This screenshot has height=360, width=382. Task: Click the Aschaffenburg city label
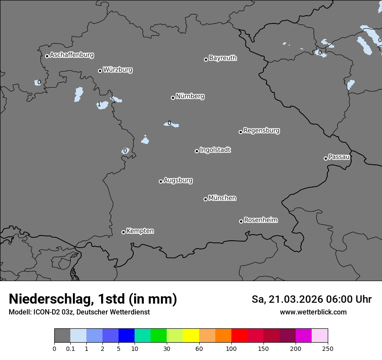(72, 55)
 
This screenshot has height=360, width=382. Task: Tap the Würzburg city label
(118, 70)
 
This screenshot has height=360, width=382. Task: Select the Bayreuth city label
(223, 58)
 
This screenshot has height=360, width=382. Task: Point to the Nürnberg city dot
(173, 98)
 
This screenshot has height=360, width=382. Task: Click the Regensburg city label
(261, 131)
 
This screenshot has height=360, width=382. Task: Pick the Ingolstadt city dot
(197, 151)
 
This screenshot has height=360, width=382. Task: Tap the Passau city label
(339, 157)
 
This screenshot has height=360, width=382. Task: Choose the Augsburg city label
(178, 180)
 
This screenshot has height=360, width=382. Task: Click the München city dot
(205, 199)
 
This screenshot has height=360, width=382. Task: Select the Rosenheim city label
(260, 220)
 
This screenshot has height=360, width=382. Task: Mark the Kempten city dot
(123, 232)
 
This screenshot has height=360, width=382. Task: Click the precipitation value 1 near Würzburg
(99, 105)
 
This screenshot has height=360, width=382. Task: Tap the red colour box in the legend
(239, 336)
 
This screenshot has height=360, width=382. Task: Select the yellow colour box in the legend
(191, 336)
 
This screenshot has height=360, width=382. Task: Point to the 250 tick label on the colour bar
(328, 348)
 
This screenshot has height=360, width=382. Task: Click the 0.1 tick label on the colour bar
(70, 348)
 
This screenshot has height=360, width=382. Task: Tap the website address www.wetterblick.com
(313, 312)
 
